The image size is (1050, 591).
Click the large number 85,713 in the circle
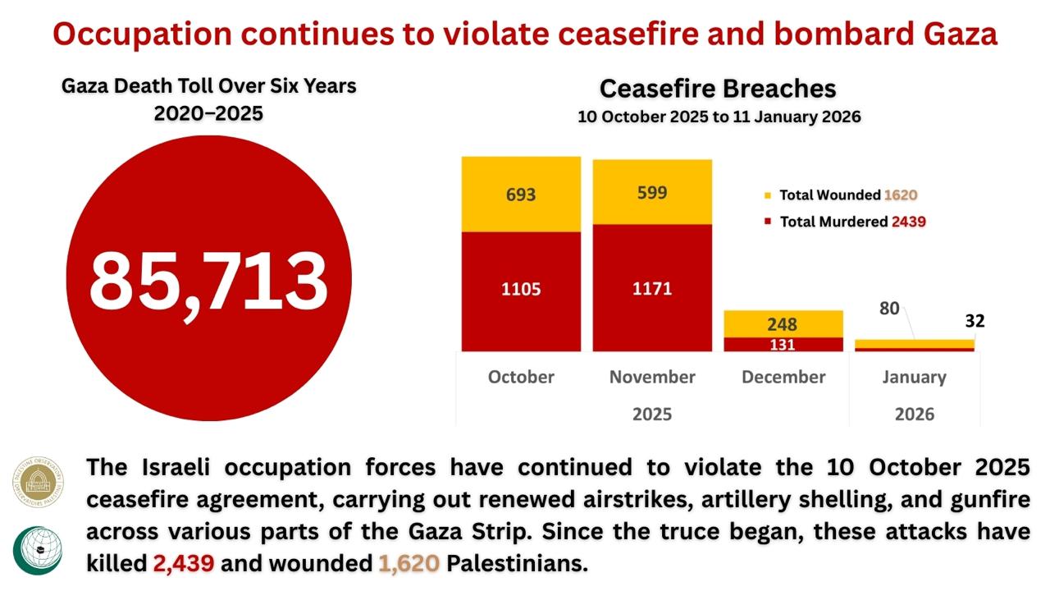point(208,279)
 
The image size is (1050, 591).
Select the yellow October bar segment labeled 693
point(521,195)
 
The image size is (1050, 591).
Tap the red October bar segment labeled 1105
point(521,289)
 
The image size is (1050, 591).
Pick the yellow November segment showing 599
point(652,192)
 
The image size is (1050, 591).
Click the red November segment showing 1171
point(652,288)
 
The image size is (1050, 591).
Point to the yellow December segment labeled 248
point(783,324)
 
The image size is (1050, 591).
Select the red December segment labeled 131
point(783,345)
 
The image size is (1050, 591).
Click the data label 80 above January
point(889,309)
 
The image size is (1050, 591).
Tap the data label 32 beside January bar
point(975,321)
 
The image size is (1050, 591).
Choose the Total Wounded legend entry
point(840,195)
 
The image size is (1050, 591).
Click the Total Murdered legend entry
point(845,222)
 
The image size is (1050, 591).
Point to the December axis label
point(783,377)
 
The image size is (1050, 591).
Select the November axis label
point(652,377)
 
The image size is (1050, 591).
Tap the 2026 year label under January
point(914,414)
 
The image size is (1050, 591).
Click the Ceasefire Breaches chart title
point(718,89)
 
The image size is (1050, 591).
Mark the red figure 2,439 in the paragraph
point(184,564)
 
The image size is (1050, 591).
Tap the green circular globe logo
point(37,551)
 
